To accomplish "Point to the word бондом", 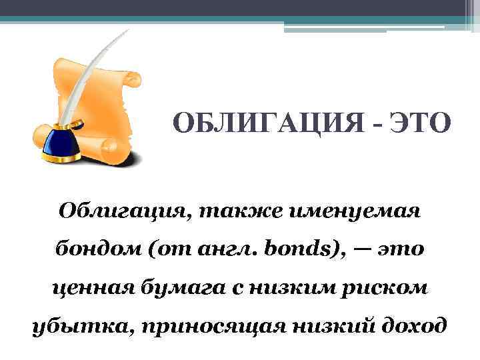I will tap(93, 252).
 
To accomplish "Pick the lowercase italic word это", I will tap(401, 252).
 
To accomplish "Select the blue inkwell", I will tap(61, 143).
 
